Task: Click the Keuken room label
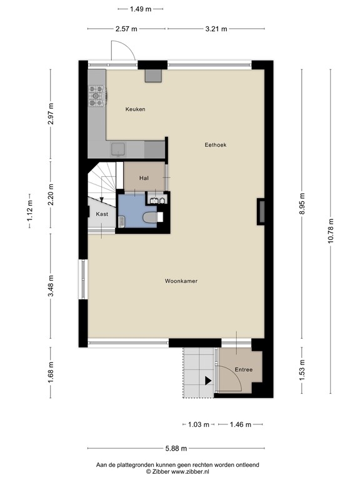click(x=135, y=109)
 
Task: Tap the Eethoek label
click(x=216, y=145)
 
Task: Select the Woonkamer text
click(x=181, y=281)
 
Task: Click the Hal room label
click(x=144, y=178)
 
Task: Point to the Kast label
click(x=102, y=214)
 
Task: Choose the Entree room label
click(x=243, y=370)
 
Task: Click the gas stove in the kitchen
click(x=97, y=94)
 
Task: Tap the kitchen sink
click(x=118, y=149)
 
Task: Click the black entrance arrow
click(x=207, y=380)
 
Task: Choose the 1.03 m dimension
click(x=198, y=424)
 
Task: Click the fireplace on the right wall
click(x=261, y=211)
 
